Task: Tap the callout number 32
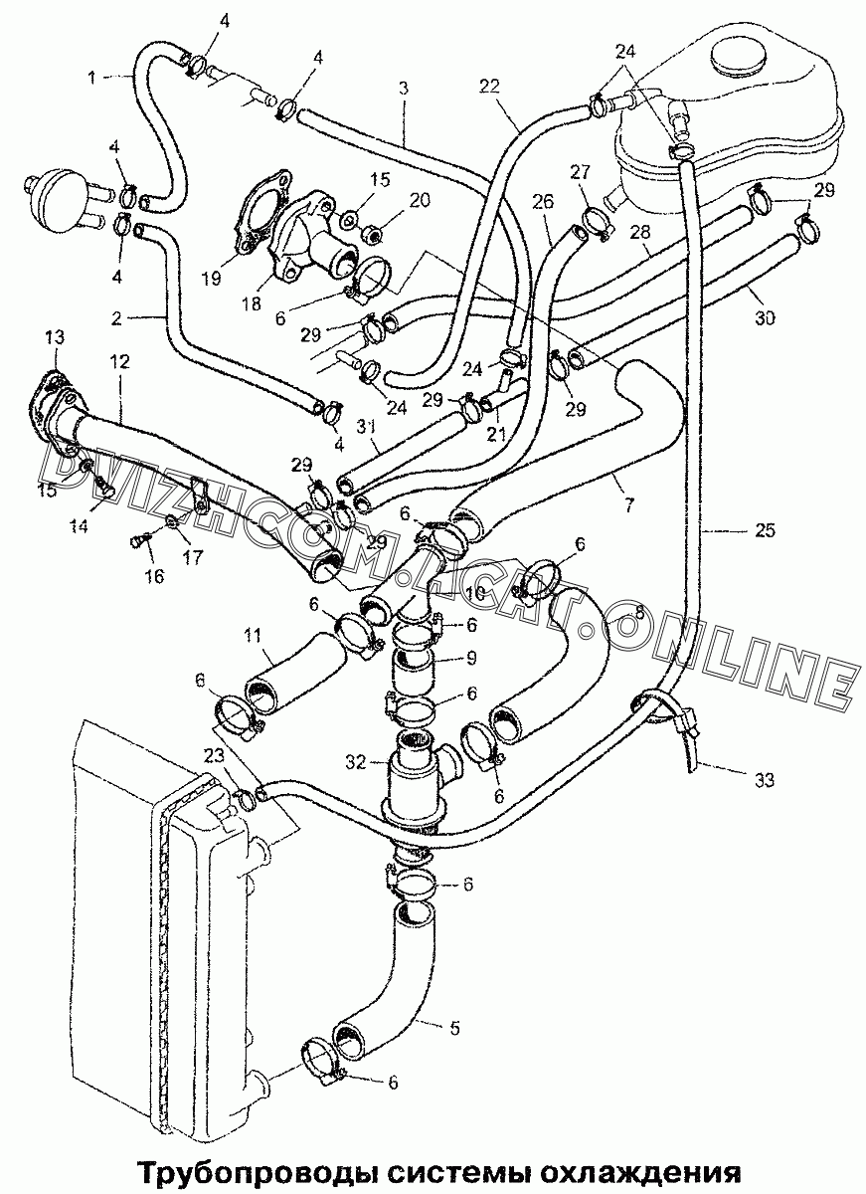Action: [356, 763]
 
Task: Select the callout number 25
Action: [765, 531]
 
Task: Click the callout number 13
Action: [56, 337]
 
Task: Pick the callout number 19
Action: [213, 279]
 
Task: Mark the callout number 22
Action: [489, 86]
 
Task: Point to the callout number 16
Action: [155, 576]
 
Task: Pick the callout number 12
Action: [120, 362]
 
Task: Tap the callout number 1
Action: [91, 78]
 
